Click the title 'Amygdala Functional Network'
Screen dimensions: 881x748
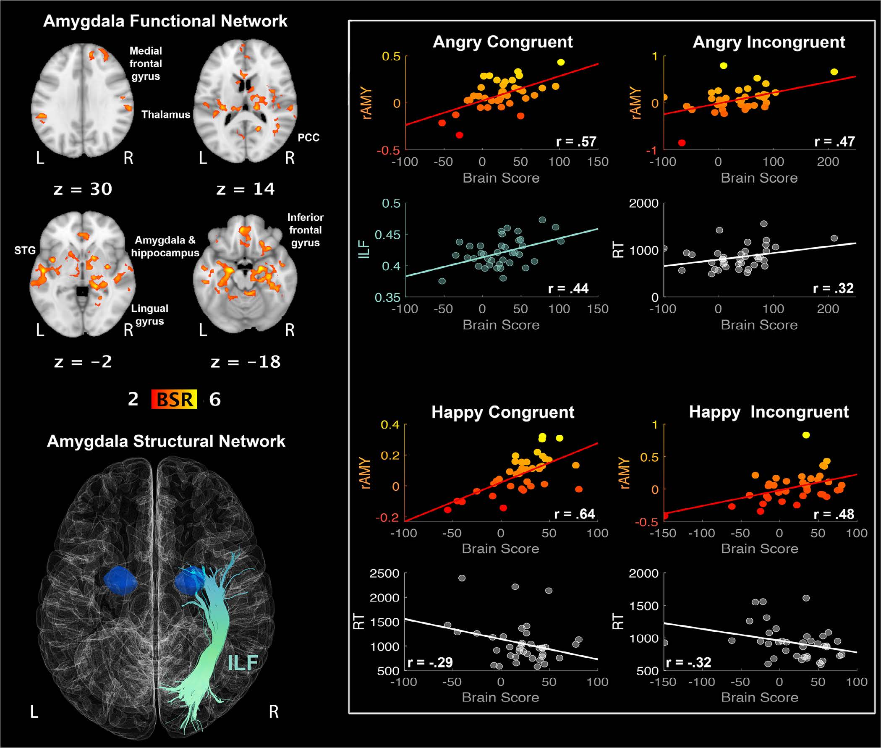(165, 21)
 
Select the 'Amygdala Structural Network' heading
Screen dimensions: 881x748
(166, 442)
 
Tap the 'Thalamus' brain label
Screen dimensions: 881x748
(166, 115)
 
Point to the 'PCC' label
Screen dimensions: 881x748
(308, 137)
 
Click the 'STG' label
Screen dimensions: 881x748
(25, 251)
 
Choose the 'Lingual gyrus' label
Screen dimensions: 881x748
(150, 315)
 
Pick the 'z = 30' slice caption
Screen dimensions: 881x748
(83, 189)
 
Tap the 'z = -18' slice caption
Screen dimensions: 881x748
(246, 362)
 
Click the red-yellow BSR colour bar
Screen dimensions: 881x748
(174, 399)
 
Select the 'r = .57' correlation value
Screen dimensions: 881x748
(576, 141)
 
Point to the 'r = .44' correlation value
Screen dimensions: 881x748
(569, 288)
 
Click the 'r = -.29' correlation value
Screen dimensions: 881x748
(430, 662)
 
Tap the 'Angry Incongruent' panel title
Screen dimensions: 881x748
(769, 42)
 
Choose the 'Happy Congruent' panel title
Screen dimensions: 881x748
(503, 412)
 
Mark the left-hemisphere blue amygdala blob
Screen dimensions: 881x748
(121, 581)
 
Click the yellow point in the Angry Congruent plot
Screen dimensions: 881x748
(561, 62)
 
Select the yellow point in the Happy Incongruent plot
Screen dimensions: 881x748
(806, 435)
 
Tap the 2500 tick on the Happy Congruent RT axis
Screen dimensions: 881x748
(384, 574)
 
